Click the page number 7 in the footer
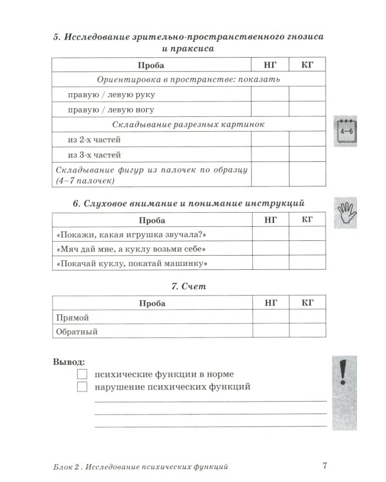tap(325, 466)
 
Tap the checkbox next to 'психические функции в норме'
tap(82, 374)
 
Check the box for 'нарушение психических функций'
tap(82, 387)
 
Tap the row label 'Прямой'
tap(72, 317)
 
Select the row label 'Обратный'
tap(77, 332)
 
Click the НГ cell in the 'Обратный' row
tap(270, 332)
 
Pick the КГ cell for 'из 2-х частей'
tap(307, 139)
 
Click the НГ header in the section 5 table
tap(270, 65)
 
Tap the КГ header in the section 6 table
tap(307, 220)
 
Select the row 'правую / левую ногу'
tap(111, 110)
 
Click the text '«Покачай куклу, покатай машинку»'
tap(134, 263)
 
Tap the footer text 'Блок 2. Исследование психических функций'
tap(138, 466)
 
